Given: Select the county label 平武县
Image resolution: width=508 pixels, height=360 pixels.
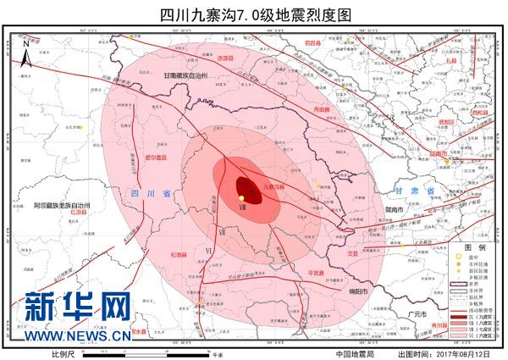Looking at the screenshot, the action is (x=316, y=273).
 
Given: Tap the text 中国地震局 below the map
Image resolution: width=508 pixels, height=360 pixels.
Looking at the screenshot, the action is (x=355, y=354).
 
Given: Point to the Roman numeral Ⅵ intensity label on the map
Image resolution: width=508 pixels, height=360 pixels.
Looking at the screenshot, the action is (x=207, y=251).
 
